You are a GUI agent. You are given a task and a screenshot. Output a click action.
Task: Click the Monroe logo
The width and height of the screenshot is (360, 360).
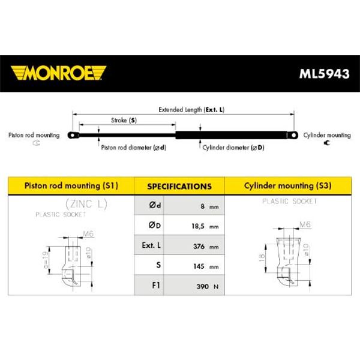(58, 73)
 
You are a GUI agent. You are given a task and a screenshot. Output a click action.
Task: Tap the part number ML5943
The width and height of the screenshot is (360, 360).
(324, 74)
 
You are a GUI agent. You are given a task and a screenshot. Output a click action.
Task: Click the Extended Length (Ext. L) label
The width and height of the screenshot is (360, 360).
(191, 110)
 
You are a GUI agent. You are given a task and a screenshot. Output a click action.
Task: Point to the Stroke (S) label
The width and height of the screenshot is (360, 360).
(124, 121)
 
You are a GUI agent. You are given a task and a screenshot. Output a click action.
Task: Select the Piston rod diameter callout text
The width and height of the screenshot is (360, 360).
(134, 148)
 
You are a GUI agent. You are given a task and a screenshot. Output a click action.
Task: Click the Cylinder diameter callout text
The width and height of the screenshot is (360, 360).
(233, 148)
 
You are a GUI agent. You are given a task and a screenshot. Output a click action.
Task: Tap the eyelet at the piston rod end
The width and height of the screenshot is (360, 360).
(73, 135)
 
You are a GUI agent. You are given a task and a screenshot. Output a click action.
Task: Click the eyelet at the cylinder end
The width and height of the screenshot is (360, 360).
(293, 135)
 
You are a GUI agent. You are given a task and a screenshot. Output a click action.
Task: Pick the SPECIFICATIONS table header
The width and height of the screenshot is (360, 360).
(179, 186)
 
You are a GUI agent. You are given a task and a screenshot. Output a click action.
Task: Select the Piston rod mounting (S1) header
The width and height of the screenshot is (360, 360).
(71, 185)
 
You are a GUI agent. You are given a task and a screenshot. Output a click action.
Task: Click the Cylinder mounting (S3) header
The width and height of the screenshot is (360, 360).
(287, 185)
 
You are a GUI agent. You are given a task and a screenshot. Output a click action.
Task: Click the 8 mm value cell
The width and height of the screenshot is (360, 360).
(194, 205)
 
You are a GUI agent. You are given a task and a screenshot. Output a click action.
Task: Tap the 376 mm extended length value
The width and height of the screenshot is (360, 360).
(206, 247)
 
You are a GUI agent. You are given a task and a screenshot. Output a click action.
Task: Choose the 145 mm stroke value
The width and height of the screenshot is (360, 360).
(206, 266)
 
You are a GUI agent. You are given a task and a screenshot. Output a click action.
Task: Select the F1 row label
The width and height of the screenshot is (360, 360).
(156, 285)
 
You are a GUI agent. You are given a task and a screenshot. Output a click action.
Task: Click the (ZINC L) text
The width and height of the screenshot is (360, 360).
(86, 204)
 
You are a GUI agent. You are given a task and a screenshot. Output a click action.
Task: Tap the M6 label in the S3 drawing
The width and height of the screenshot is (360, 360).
(305, 224)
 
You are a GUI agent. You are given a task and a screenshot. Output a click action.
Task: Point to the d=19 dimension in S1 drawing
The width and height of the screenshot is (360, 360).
(46, 260)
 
